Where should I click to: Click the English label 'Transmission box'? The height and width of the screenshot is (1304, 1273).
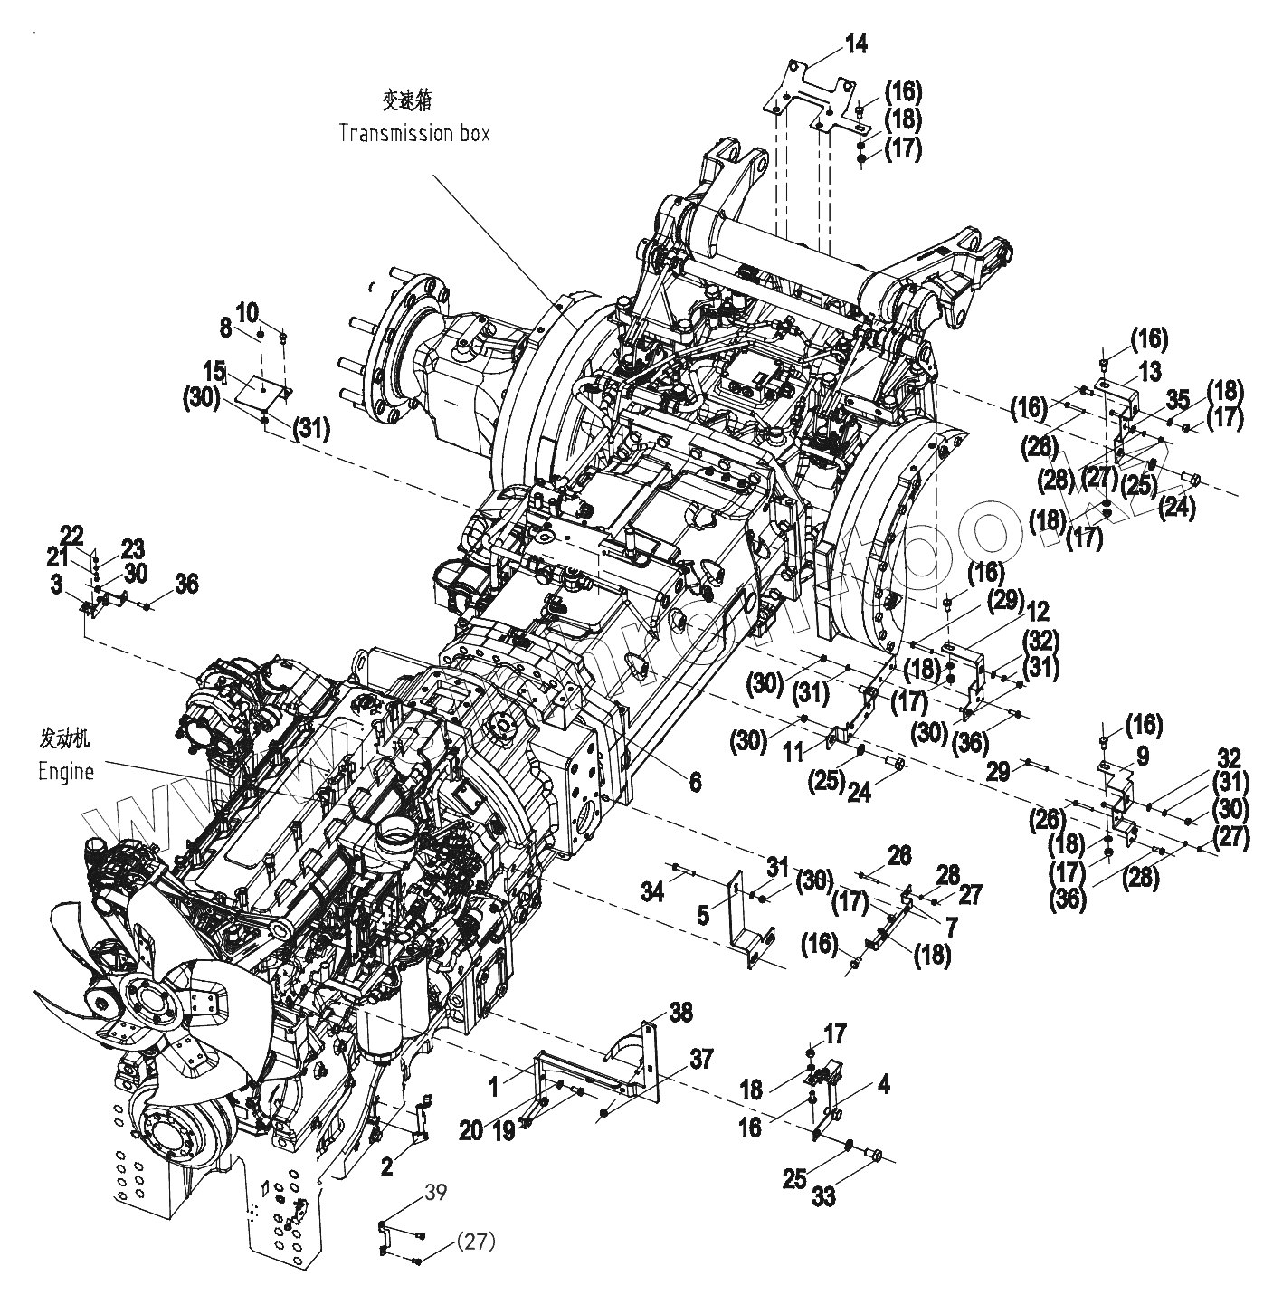coord(413,133)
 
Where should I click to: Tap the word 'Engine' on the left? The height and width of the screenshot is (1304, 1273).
coord(65,772)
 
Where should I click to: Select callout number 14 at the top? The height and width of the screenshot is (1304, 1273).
coord(855,43)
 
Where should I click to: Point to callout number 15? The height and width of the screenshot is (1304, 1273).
coord(214,371)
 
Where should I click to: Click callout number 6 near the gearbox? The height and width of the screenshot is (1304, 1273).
coord(694,781)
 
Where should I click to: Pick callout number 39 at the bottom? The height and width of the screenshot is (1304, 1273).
coord(435,1193)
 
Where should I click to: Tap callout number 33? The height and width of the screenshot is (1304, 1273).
coord(823,1196)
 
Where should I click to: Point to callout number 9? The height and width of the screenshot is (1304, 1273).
coord(1142,756)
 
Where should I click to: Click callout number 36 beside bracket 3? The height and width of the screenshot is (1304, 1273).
coord(186,585)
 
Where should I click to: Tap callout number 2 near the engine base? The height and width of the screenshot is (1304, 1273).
coord(386,1166)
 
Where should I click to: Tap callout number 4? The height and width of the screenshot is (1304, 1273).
coord(882,1084)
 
